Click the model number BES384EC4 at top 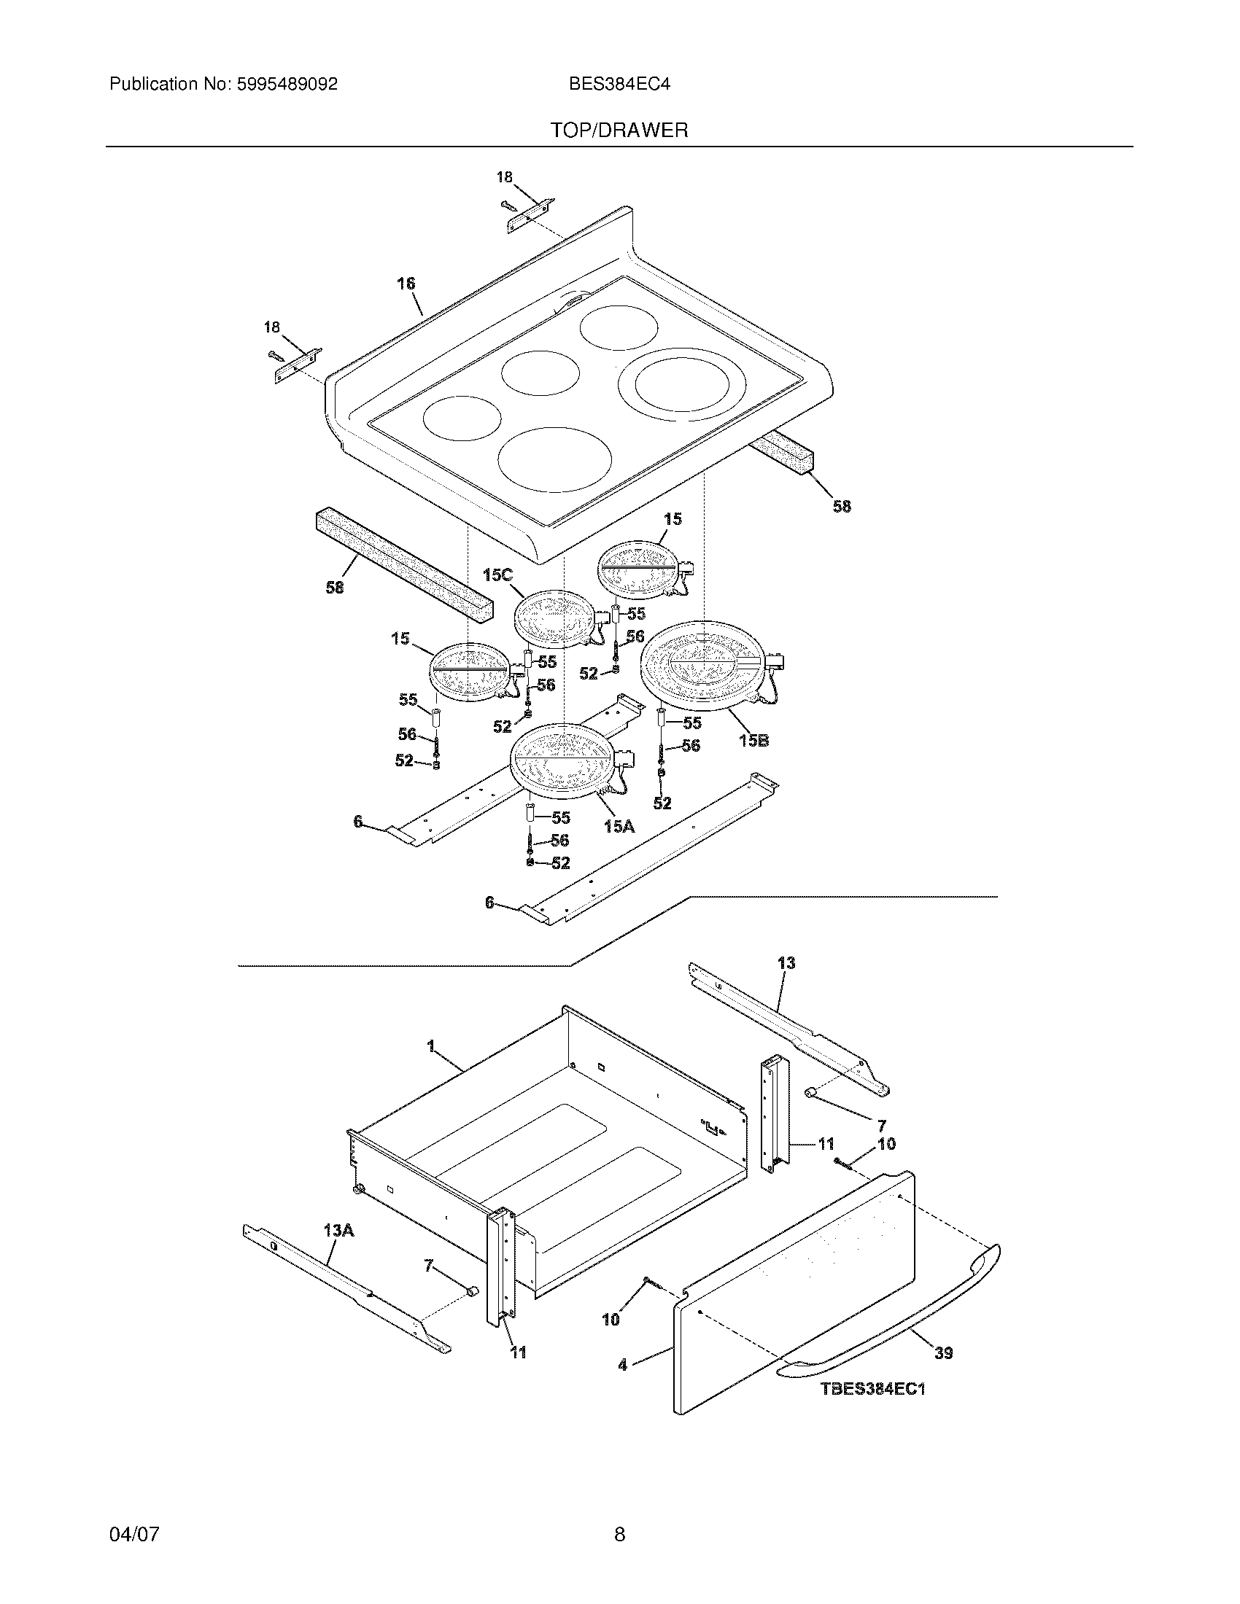pyautogui.click(x=619, y=85)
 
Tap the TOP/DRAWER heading pyautogui.click(x=619, y=131)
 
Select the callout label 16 pyautogui.click(x=406, y=284)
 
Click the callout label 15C pyautogui.click(x=497, y=575)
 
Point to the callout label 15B pyautogui.click(x=753, y=740)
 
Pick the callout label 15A pyautogui.click(x=619, y=826)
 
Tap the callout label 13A pyautogui.click(x=338, y=1229)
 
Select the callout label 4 pyautogui.click(x=623, y=1365)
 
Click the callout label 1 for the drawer pyautogui.click(x=431, y=1045)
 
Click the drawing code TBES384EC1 pyautogui.click(x=872, y=1389)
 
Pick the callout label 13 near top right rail pyautogui.click(x=786, y=962)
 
